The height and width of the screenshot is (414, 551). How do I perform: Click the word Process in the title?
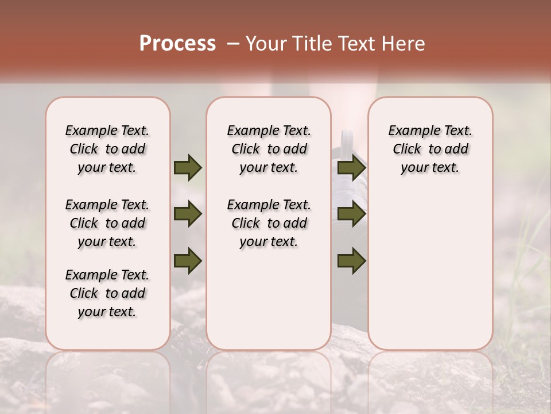[x=177, y=44]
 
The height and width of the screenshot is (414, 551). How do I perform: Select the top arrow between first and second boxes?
[x=188, y=167]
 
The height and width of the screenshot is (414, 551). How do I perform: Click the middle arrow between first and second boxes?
[x=188, y=214]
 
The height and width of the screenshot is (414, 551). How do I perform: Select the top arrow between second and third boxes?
[x=351, y=167]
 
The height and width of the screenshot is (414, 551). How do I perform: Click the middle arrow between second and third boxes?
[x=351, y=214]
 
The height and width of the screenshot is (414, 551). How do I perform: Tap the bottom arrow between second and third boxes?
[x=351, y=262]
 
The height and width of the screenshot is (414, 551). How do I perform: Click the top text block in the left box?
[x=107, y=149]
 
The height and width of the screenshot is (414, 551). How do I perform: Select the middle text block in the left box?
[x=107, y=223]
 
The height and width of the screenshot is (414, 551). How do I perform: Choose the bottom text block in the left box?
[x=107, y=293]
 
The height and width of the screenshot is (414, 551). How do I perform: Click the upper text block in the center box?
[x=269, y=149]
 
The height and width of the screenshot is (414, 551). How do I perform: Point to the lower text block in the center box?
[x=269, y=223]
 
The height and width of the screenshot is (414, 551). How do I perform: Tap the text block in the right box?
[x=430, y=149]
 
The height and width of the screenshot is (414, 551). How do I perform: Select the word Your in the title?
[x=265, y=44]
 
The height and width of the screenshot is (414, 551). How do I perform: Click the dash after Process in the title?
[x=232, y=44]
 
